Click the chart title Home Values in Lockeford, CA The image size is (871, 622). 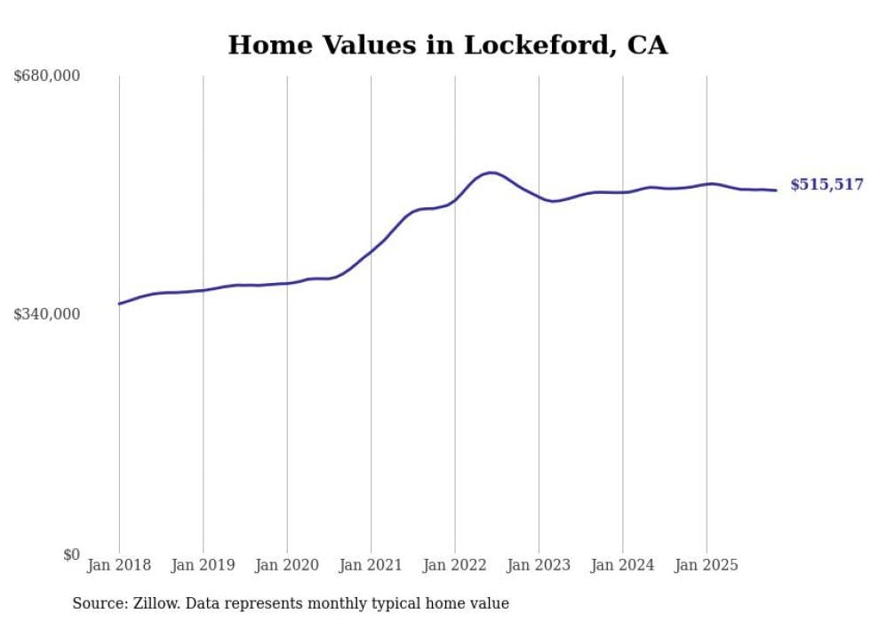447,45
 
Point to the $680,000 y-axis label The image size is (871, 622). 47,77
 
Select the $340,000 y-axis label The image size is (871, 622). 47,314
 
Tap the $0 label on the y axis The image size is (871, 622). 71,554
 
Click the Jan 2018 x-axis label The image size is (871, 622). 119,565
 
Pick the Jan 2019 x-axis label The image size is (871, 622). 203,565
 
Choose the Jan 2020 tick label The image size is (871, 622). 287,565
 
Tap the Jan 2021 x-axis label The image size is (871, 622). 371,565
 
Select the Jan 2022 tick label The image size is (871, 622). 455,565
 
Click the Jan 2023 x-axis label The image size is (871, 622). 539,565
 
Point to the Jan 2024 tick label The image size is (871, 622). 623,565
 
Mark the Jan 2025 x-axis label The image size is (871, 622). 707,565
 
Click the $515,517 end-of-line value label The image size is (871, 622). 827,185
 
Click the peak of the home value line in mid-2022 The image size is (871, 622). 491,173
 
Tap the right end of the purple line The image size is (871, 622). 776,190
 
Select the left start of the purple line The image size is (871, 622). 120,303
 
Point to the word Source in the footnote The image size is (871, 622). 98,603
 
